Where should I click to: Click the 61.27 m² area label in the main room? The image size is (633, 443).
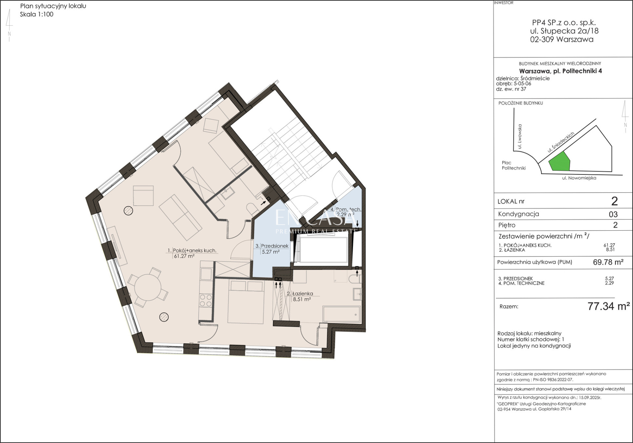184,256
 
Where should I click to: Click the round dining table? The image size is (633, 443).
148,287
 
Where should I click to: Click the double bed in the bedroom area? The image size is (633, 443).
246,302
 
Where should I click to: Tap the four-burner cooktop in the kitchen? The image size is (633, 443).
206,300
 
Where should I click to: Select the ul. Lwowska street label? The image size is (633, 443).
519,136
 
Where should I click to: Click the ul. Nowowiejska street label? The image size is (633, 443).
579,178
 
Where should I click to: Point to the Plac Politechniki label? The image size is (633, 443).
514,165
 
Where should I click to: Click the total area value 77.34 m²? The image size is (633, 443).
609,306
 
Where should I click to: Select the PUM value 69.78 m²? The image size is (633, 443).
608,262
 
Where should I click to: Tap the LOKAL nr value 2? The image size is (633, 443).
614,201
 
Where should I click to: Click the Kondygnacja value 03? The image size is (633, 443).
613,214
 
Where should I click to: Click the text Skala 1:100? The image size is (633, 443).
36,14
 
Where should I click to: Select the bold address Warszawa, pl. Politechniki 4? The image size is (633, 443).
560,71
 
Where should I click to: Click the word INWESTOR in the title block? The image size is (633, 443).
504,3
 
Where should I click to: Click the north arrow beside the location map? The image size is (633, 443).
625,117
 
